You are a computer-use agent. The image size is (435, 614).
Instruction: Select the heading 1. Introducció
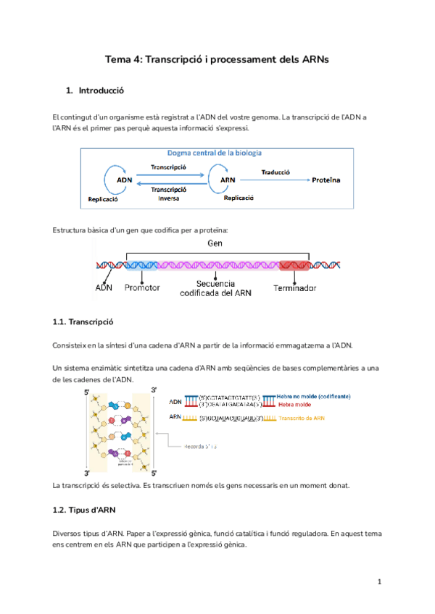click(x=95, y=91)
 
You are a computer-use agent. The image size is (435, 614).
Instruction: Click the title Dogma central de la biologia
click(x=215, y=153)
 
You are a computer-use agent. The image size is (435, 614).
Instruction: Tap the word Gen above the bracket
click(x=215, y=244)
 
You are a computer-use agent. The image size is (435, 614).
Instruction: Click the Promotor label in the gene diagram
click(x=141, y=288)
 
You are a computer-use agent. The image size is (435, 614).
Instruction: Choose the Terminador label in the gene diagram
click(x=295, y=288)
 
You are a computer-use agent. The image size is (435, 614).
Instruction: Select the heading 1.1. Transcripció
click(x=84, y=321)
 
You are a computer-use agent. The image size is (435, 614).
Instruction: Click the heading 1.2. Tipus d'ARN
click(x=86, y=510)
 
